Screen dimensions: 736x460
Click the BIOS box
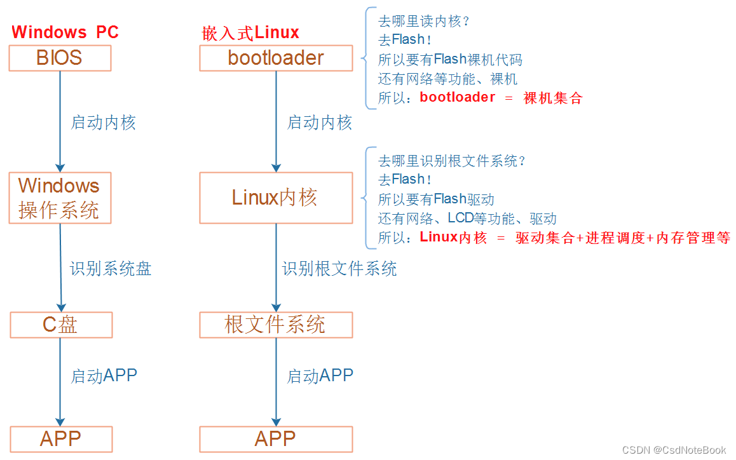point(60,58)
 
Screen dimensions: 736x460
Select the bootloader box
point(276,58)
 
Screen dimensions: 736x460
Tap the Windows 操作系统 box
point(60,198)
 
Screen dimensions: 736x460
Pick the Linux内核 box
point(276,198)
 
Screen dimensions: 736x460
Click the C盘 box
point(61,325)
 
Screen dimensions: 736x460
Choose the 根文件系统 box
point(276,325)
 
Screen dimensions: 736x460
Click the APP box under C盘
point(61,439)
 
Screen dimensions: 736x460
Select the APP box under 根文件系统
point(276,439)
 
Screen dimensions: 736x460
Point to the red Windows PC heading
point(65,32)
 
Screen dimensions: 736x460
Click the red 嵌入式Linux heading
point(250,33)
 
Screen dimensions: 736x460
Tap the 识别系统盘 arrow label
point(111,269)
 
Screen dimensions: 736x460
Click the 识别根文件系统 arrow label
point(339,269)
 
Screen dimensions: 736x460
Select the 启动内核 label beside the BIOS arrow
point(103,123)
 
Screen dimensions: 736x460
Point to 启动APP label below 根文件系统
point(320,375)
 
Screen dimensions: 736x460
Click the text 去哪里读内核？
point(423,21)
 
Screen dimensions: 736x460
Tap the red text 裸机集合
point(553,98)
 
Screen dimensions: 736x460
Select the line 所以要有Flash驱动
point(436,199)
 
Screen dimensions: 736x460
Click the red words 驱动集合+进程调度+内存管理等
point(623,238)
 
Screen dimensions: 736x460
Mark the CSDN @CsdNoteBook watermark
point(674,450)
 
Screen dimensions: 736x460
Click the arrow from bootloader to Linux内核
point(276,121)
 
